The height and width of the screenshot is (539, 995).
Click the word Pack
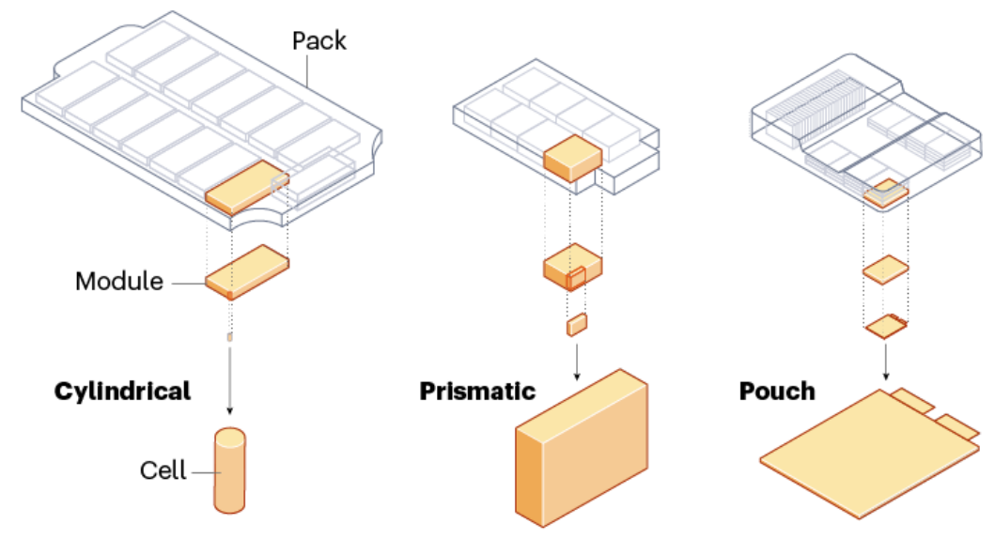click(x=319, y=40)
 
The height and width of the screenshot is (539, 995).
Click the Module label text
click(x=119, y=281)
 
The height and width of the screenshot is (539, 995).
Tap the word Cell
click(x=163, y=470)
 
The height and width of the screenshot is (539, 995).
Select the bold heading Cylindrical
click(x=122, y=391)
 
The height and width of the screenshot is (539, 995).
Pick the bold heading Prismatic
click(x=477, y=391)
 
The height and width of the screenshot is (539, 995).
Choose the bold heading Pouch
click(x=777, y=391)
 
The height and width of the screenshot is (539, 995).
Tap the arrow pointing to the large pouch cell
click(x=885, y=362)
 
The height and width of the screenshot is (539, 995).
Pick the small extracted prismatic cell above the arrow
click(x=576, y=325)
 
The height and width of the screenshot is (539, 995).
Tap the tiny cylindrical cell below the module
click(x=229, y=336)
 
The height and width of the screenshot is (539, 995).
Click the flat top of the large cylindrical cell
click(x=230, y=437)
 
